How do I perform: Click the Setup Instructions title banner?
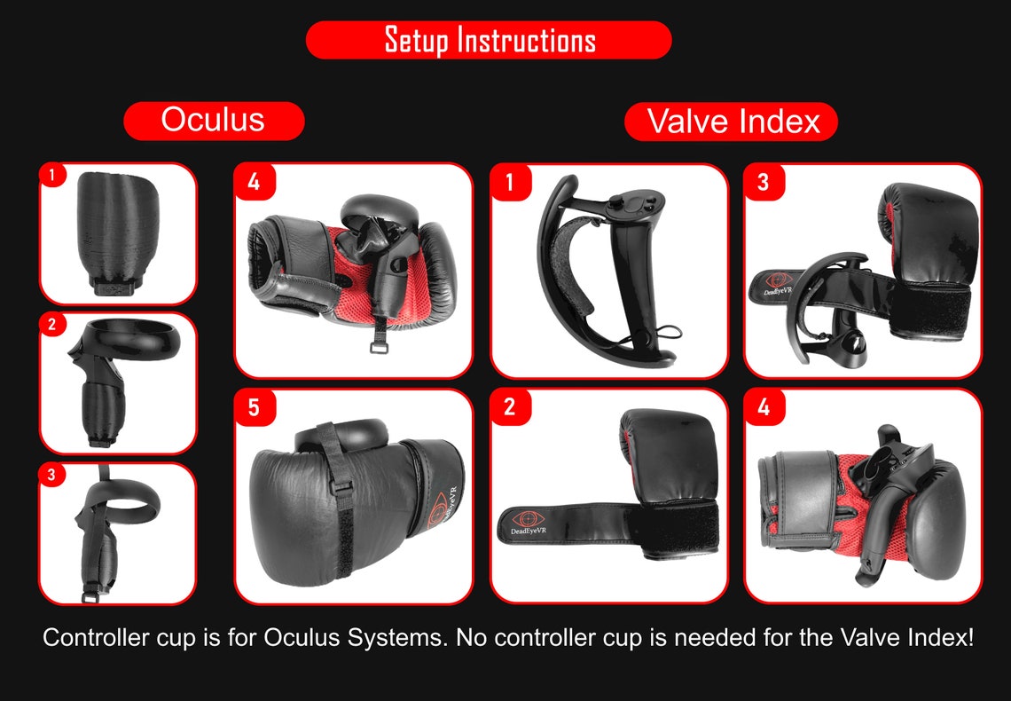489,41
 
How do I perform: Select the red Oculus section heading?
214,120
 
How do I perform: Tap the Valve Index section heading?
732,122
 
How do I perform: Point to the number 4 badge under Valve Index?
764,408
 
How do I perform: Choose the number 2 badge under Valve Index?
510,408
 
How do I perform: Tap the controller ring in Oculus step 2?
133,342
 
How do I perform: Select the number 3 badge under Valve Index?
764,183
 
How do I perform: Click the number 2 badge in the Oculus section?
52,325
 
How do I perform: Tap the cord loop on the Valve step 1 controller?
671,332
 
